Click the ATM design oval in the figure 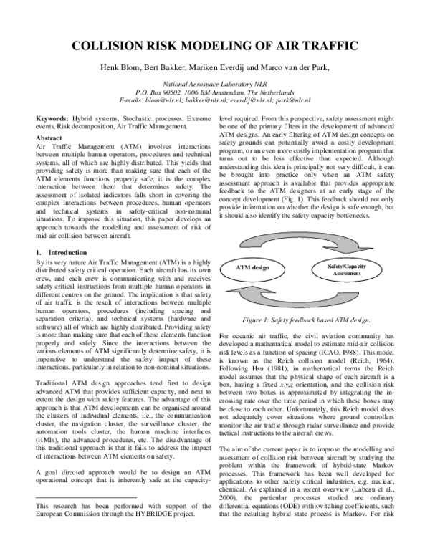[252, 268]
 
